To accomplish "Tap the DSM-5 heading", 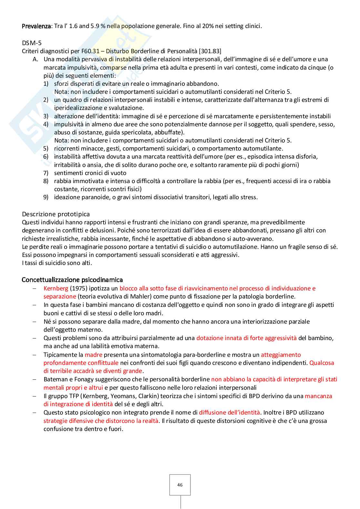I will [32, 43].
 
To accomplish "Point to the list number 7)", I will [46, 173].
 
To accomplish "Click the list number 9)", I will [46, 197].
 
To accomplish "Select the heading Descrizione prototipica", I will [56, 214].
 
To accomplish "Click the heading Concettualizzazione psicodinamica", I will [72, 279].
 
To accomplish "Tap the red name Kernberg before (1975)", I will [56, 288].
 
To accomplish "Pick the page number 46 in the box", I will [180, 485].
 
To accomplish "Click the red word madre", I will [93, 355].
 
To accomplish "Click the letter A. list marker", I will [35, 59].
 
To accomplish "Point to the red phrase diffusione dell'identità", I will [229, 412].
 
